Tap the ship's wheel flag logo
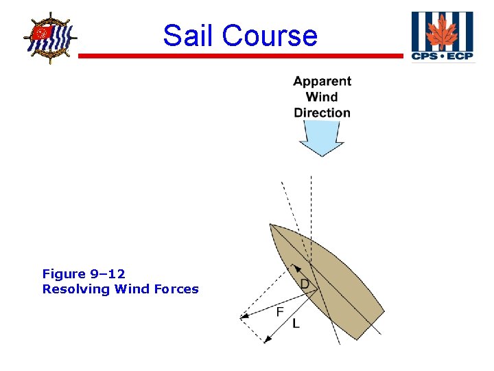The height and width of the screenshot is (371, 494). click(48, 38)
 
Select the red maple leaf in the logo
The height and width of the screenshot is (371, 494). click(443, 32)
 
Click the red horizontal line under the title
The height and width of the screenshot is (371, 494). click(240, 56)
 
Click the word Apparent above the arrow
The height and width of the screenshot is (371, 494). click(322, 81)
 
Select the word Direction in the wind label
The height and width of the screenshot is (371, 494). click(322, 113)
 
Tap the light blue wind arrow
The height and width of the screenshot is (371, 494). click(321, 138)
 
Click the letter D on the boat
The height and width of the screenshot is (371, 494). click(305, 284)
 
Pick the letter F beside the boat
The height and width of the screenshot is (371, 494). click(280, 312)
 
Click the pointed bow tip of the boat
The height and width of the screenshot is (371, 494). click(272, 225)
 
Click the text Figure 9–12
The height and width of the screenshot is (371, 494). click(84, 274)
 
